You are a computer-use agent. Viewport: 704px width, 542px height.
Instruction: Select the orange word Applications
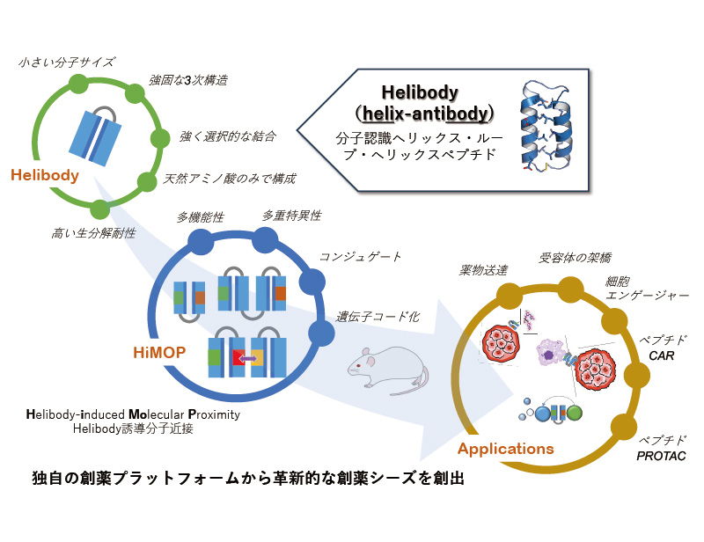pos(506,449)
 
